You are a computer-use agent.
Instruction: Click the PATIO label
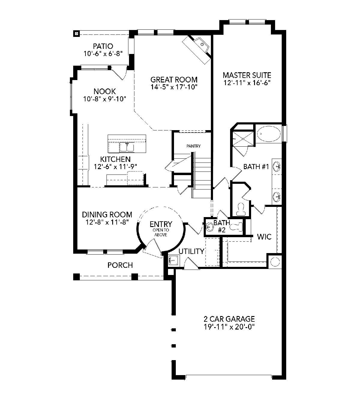[x=103, y=46]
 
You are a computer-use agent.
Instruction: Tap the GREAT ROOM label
[x=174, y=79]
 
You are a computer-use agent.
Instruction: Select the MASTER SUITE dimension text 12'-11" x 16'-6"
[x=247, y=83]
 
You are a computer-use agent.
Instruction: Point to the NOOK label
[x=104, y=91]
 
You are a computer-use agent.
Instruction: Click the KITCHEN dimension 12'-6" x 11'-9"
[x=115, y=167]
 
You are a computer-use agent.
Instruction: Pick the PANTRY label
[x=193, y=146]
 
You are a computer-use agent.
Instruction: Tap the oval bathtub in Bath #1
[x=269, y=133]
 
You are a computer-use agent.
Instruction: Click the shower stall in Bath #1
[x=243, y=139]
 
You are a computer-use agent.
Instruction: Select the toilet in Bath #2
[x=236, y=227]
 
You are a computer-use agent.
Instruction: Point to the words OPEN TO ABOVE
[x=161, y=232]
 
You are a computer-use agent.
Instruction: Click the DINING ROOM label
[x=107, y=215]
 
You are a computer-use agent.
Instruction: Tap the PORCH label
[x=120, y=265]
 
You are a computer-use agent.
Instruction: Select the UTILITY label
[x=191, y=251]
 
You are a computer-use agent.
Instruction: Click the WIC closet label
[x=264, y=237]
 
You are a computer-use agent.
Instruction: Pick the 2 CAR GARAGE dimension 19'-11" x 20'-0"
[x=229, y=327]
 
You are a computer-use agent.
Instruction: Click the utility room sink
[x=174, y=261]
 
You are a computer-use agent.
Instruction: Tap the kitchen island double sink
[x=127, y=147]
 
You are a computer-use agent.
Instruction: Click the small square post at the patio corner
[x=76, y=34]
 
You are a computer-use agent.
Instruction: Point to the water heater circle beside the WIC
[x=275, y=262]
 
